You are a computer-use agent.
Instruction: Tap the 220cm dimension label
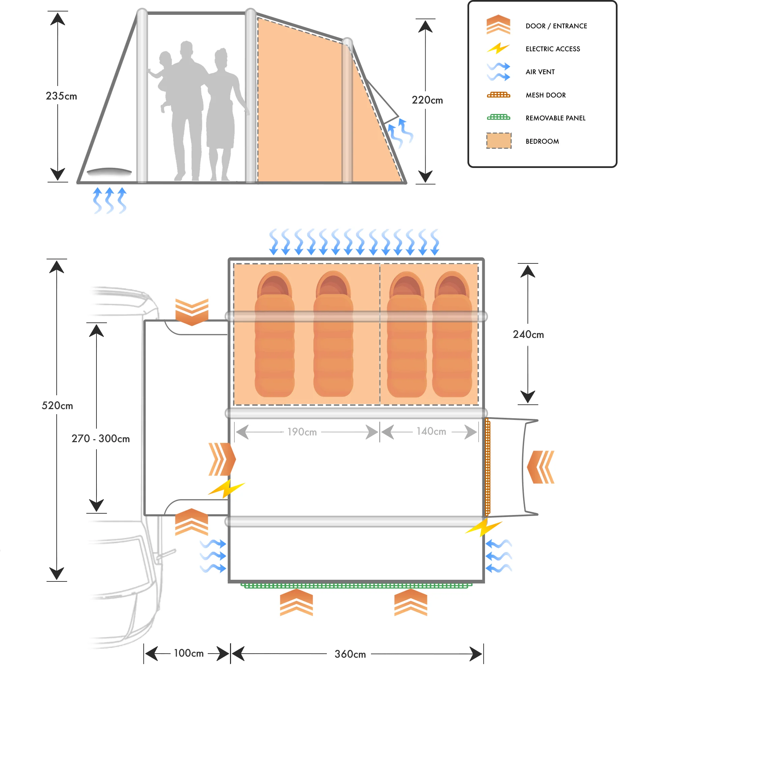click(x=427, y=100)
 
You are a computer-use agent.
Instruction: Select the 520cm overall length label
click(x=57, y=406)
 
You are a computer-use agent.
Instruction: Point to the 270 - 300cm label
click(x=101, y=439)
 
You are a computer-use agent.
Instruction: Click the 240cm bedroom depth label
click(x=528, y=335)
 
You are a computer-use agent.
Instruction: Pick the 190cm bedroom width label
click(x=302, y=432)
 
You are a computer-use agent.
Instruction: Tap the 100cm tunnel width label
click(x=189, y=653)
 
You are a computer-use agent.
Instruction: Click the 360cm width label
click(x=350, y=654)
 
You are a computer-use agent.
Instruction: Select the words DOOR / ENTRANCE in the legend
click(x=556, y=26)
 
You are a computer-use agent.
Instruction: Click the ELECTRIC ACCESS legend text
click(x=553, y=49)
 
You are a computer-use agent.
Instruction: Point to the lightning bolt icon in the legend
click(x=498, y=48)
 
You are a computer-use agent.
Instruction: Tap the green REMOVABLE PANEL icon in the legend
click(x=498, y=117)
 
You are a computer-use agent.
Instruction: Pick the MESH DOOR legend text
click(x=545, y=95)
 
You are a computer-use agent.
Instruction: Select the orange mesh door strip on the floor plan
click(x=487, y=467)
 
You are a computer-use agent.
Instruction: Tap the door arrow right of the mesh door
click(x=541, y=467)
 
